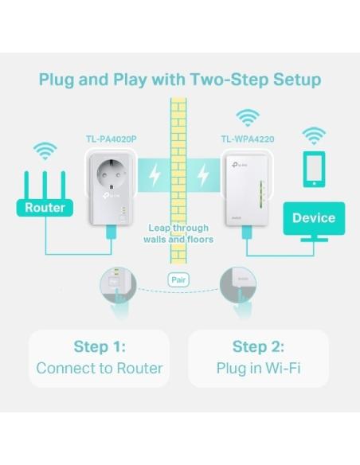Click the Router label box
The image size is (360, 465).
click(45, 208)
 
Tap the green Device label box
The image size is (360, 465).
click(313, 217)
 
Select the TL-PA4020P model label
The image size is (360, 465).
click(111, 139)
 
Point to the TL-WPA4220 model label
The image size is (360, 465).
click(248, 139)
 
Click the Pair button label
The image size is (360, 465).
click(178, 279)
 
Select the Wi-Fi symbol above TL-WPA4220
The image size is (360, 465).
click(248, 119)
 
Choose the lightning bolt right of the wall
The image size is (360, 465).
click(203, 174)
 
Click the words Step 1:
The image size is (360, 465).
click(100, 346)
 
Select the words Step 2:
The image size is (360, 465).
click(258, 346)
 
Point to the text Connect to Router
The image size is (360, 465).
click(100, 368)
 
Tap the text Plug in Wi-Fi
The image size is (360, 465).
click(258, 368)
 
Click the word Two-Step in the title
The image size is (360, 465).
click(226, 80)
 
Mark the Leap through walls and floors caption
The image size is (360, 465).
click(180, 233)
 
